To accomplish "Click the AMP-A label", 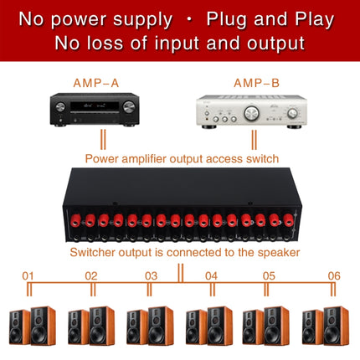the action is tap(96, 83).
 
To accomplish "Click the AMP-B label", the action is tap(256, 83).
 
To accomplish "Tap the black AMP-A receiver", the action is tap(95, 110).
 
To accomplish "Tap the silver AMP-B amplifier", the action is tap(251, 112).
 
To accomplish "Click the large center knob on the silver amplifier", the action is tap(251, 113).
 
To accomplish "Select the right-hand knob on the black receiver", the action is tap(129, 107).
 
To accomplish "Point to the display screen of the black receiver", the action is tap(95, 106).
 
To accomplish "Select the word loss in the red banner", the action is tap(105, 44).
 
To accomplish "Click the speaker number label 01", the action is tap(28, 276).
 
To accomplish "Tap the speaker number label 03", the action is tap(151, 276).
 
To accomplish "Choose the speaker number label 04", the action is tap(211, 276).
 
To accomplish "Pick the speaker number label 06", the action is tap(334, 276).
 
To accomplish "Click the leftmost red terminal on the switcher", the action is tap(75, 220).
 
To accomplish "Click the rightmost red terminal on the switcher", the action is tap(287, 220).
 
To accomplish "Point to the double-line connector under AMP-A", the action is tap(103, 139).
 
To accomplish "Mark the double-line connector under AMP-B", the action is tap(254, 140).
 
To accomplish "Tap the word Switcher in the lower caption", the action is tap(93, 252).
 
